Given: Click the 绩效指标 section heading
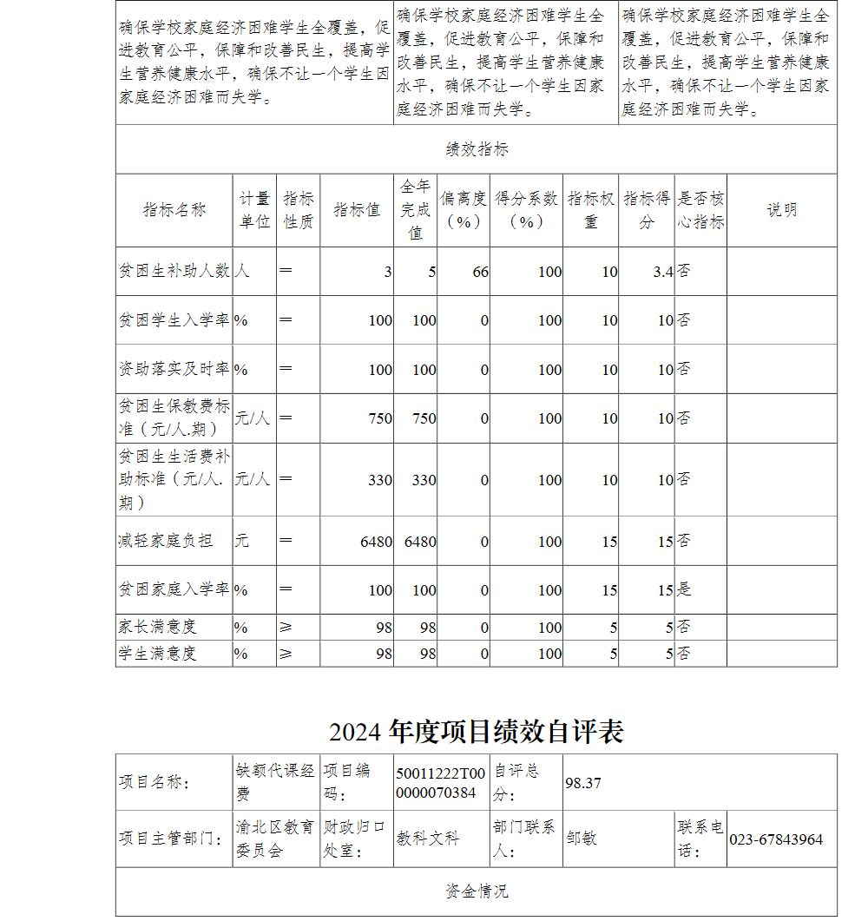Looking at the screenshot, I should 477,149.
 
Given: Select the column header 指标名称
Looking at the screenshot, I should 174,210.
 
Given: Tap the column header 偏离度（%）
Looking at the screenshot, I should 463,210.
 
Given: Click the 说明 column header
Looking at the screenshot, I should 781,210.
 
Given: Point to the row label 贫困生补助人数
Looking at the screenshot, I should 174,271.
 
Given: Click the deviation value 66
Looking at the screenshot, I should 480,272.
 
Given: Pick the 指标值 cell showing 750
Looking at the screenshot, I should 379,418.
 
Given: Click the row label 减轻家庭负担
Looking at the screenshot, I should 165,541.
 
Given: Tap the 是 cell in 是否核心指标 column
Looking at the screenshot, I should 684,590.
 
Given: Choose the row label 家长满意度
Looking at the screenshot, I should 157,627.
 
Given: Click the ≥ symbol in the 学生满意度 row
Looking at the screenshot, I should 286,653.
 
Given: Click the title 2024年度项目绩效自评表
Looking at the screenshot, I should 476,732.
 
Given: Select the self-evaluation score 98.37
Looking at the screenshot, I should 583,783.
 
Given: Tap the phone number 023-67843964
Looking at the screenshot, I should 775,839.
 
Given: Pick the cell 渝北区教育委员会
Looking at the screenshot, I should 275,839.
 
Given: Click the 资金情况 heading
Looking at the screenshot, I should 477,891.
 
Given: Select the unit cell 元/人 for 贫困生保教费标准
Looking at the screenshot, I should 253,418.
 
